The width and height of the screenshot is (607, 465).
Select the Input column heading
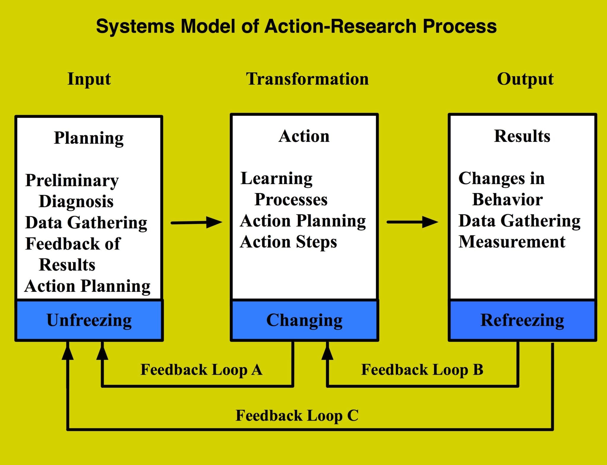click(89, 79)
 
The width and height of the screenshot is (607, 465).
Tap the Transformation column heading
click(307, 79)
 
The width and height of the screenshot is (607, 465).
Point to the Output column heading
click(525, 79)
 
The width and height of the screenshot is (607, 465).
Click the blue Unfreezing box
click(89, 320)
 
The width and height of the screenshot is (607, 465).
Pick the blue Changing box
click(304, 320)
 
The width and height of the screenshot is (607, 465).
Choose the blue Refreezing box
click(522, 320)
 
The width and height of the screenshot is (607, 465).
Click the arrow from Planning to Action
click(197, 222)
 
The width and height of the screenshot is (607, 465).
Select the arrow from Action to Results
click(412, 222)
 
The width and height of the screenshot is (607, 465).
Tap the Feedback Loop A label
click(201, 370)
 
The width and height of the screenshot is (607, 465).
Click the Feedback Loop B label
click(422, 370)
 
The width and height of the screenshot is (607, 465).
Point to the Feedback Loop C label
click(297, 416)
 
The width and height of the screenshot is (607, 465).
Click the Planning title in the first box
click(89, 138)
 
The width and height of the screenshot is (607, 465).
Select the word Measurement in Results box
click(512, 242)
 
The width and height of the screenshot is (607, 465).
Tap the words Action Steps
click(288, 242)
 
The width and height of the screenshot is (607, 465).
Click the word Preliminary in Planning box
click(72, 180)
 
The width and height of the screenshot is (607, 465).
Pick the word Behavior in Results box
click(507, 199)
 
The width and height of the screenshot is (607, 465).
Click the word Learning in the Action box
click(276, 178)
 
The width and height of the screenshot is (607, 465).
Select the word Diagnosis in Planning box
click(76, 201)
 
